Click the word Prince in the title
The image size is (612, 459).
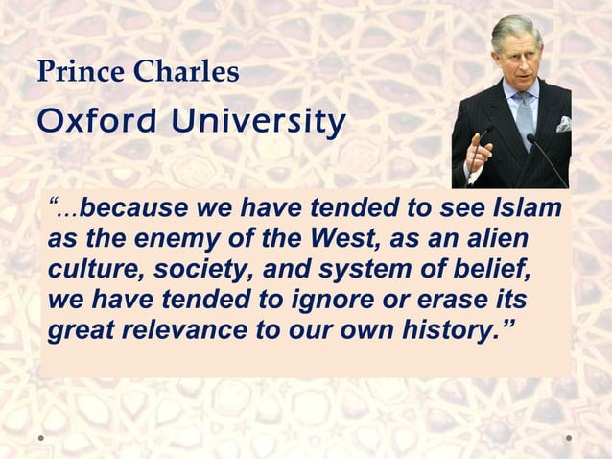click(69, 72)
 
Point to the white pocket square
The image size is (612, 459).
click(563, 125)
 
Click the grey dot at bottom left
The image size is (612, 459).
click(41, 437)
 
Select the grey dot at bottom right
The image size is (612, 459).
click(568, 437)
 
